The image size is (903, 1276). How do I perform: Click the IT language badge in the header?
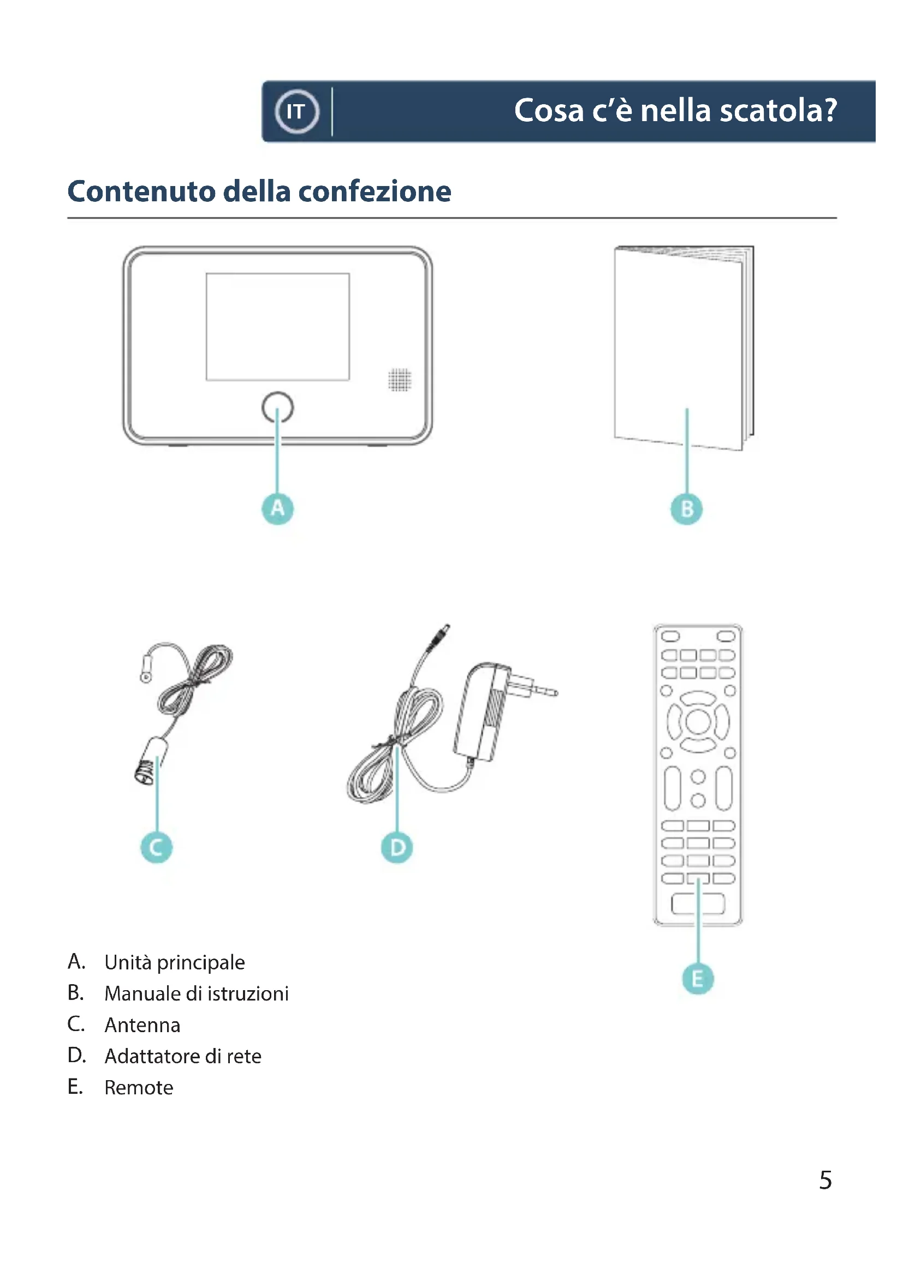[x=297, y=111]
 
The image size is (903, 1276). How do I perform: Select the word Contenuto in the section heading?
[x=142, y=191]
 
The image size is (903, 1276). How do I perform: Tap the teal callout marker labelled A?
[x=277, y=508]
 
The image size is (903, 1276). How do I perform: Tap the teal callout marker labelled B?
[x=687, y=509]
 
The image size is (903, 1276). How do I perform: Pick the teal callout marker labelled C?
[x=156, y=848]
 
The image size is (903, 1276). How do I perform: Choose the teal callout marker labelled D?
[x=397, y=848]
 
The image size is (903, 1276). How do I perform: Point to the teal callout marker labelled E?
[x=698, y=979]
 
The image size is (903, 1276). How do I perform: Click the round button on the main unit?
[x=277, y=408]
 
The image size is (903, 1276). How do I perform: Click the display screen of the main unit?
[x=277, y=327]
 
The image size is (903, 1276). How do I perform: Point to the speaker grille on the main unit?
[x=399, y=380]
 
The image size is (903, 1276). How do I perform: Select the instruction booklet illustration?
[x=684, y=348]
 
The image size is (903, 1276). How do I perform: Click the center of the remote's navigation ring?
[x=698, y=722]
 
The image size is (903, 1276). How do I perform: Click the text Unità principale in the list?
[x=175, y=962]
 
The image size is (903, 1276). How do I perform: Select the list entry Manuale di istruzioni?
[x=197, y=993]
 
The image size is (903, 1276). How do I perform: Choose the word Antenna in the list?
[x=142, y=1025]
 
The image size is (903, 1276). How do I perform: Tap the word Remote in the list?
[x=139, y=1087]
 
